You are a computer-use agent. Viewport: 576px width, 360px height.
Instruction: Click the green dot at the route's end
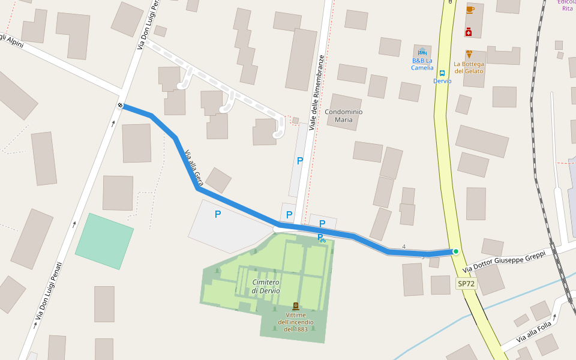tap(456, 251)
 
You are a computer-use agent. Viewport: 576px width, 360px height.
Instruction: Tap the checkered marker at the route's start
tap(121, 106)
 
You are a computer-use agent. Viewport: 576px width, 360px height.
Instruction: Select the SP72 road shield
tap(466, 283)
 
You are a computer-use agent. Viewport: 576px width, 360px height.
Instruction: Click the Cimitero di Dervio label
tap(266, 286)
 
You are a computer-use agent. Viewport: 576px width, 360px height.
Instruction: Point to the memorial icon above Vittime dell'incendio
tap(295, 306)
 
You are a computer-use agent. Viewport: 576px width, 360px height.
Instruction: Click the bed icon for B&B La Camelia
tap(422, 52)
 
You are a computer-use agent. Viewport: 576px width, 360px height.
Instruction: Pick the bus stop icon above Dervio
tap(442, 73)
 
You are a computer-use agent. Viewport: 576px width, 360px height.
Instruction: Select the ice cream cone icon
tap(469, 54)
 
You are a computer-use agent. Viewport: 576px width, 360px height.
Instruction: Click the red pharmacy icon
tap(468, 32)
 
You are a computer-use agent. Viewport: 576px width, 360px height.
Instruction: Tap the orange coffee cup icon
tap(470, 10)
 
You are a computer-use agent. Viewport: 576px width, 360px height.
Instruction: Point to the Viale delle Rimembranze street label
tap(317, 93)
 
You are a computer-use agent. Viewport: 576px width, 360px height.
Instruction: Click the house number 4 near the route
tap(404, 247)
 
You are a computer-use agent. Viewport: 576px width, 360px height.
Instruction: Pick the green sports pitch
tap(104, 241)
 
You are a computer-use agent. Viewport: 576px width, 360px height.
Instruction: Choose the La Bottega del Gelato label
tap(469, 67)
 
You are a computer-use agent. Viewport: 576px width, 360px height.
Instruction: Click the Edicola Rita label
tap(567, 5)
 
